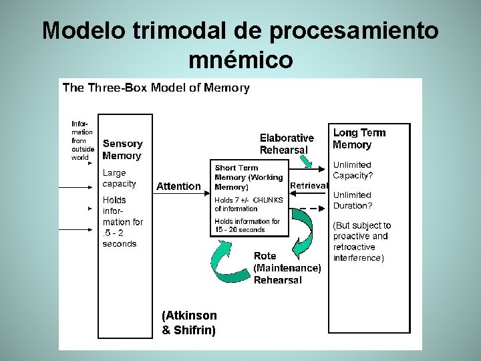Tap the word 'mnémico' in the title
[240, 60]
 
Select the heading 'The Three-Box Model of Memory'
[156, 88]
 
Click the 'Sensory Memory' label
[122, 150]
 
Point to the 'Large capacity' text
[119, 178]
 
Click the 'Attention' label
[178, 187]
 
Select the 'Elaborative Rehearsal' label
[287, 144]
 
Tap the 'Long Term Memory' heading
[359, 139]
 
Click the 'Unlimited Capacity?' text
[353, 170]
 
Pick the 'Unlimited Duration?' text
[353, 201]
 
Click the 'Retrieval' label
[309, 186]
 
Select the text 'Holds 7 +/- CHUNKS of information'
[249, 204]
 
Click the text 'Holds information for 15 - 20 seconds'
[247, 225]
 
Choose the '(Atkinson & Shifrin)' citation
[189, 322]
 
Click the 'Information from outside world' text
[83, 140]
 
